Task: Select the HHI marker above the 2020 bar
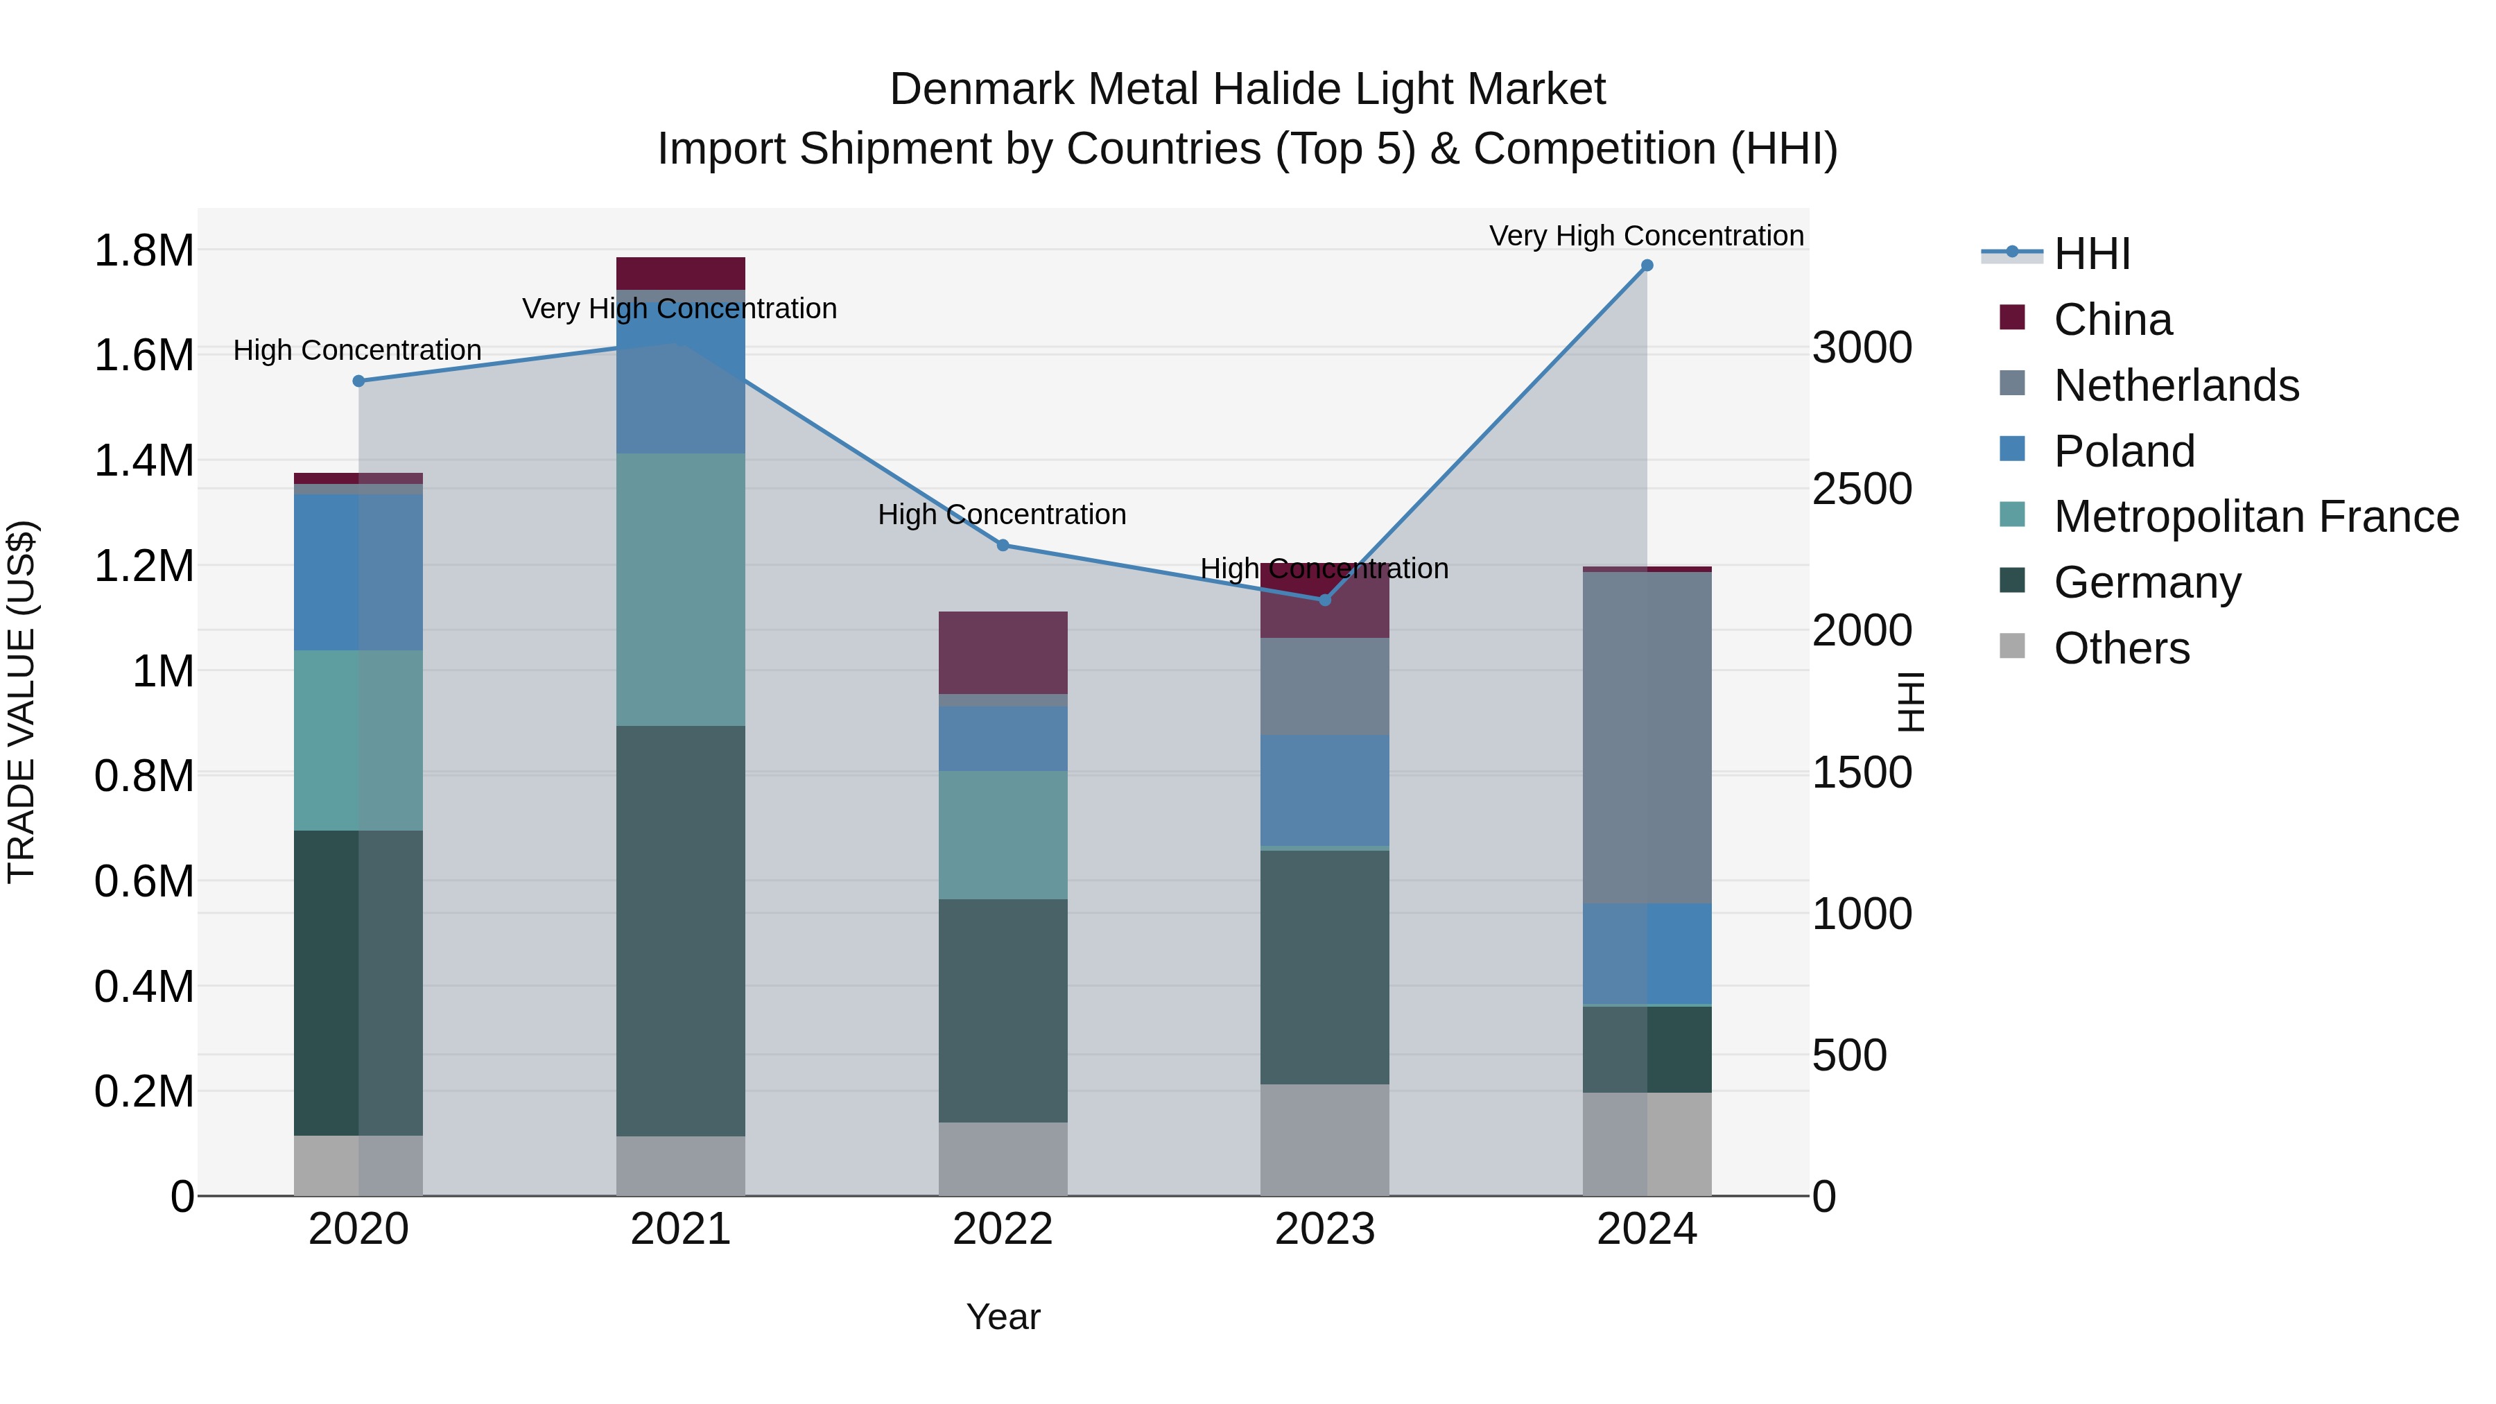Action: [358, 381]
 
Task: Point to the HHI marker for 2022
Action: [1003, 546]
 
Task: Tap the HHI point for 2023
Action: [1326, 600]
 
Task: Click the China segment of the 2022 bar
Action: [1003, 652]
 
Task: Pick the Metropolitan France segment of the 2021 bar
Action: [680, 589]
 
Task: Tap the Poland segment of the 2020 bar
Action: [358, 572]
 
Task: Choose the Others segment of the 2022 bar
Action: [1003, 1158]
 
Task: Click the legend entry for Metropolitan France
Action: [2255, 517]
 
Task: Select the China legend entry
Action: [2113, 320]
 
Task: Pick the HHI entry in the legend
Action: [2091, 254]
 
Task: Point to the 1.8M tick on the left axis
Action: [144, 251]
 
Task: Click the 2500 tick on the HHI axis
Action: [1862, 489]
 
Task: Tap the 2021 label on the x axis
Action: [680, 1229]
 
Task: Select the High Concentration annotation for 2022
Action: [1002, 514]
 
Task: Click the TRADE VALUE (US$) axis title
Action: [21, 702]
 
